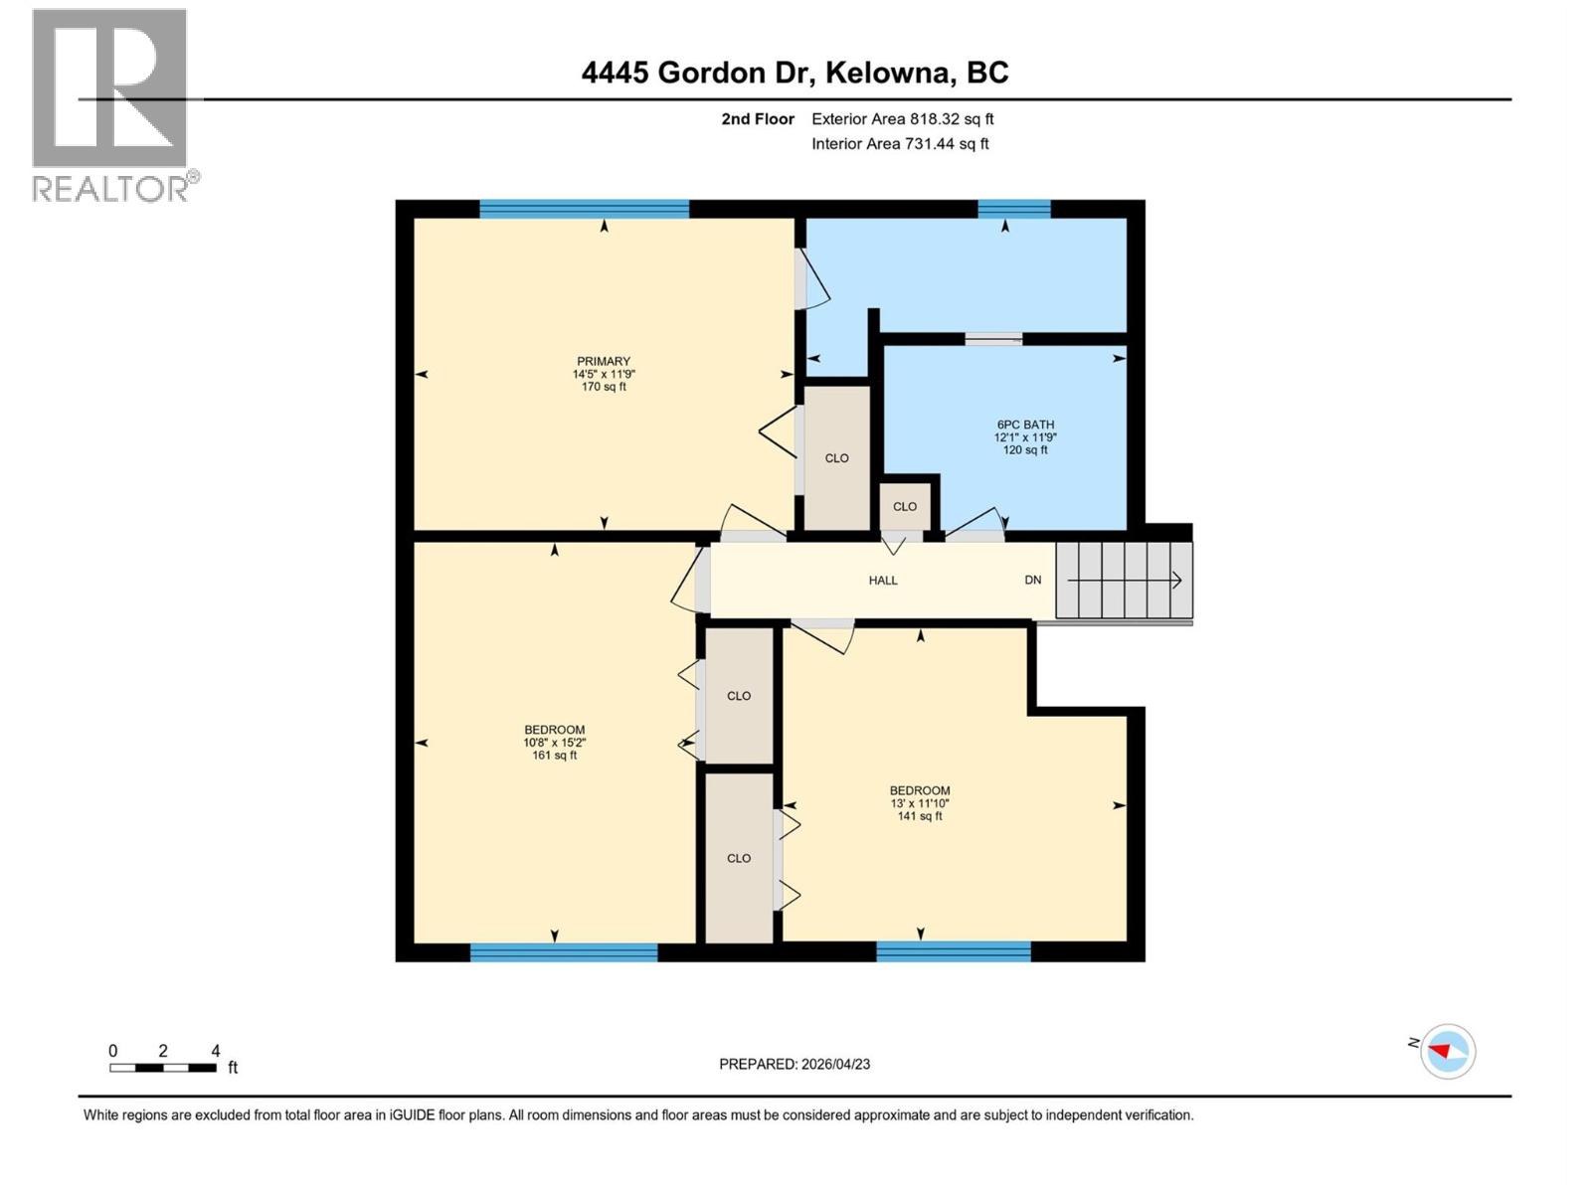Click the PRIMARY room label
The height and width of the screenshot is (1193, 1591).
[x=604, y=374]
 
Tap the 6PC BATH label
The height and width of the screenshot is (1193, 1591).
[x=1024, y=436]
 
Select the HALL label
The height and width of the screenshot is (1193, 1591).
[x=882, y=581]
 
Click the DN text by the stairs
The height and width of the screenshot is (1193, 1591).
[x=1033, y=581]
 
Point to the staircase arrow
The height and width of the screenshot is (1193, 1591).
[x=1125, y=581]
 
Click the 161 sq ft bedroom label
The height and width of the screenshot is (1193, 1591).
[x=554, y=742]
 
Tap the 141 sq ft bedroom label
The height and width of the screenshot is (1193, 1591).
[x=919, y=803]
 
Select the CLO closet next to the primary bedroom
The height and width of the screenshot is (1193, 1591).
[x=836, y=458]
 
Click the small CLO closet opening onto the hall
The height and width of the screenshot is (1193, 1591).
[x=904, y=507]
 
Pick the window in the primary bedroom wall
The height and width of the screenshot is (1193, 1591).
[x=584, y=209]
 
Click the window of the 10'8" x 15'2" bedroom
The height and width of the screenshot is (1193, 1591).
[x=563, y=952]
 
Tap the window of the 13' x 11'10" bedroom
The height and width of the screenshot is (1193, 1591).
[x=953, y=952]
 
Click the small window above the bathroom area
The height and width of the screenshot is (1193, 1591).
[x=1013, y=209]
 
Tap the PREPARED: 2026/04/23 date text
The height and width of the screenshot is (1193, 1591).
[x=795, y=1064]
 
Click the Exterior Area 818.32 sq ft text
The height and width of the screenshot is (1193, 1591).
[x=902, y=119]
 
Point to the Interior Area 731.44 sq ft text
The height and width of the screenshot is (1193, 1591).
[x=900, y=144]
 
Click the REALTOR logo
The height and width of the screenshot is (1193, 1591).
[x=111, y=104]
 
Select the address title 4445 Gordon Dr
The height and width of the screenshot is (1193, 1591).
[x=795, y=73]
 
